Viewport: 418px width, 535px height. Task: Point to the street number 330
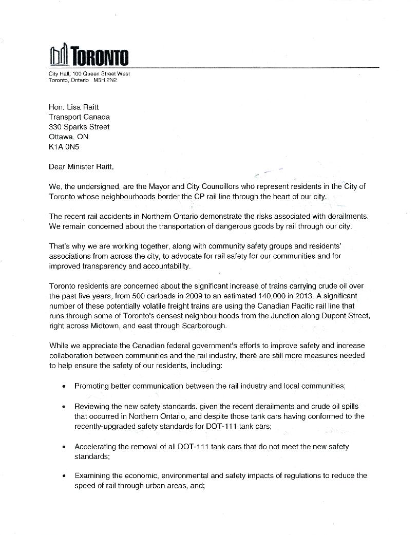pyautogui.click(x=55, y=127)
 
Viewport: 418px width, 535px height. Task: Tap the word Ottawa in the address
pyautogui.click(x=61, y=137)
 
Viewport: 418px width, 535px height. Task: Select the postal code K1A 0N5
pyautogui.click(x=64, y=146)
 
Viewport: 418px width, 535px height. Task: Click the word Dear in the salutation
pyautogui.click(x=58, y=166)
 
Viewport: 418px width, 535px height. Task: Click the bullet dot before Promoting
pyautogui.click(x=63, y=386)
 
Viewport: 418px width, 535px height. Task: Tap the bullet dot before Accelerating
pyautogui.click(x=63, y=447)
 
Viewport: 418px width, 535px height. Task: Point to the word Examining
pyautogui.click(x=93, y=475)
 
